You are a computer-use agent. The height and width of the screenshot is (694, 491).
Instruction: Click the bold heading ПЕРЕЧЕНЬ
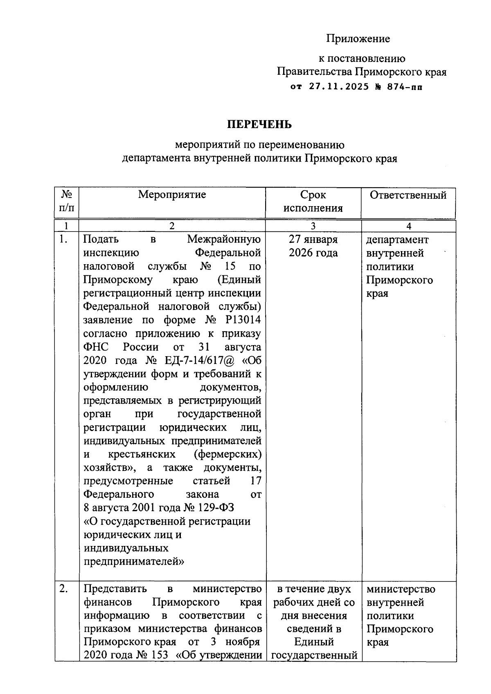(259, 124)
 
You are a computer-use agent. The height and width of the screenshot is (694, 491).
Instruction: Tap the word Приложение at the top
(358, 39)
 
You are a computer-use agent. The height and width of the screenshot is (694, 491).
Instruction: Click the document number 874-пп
(405, 87)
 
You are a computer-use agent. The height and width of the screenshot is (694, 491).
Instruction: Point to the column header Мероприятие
(172, 194)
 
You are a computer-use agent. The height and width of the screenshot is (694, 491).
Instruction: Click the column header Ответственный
(408, 195)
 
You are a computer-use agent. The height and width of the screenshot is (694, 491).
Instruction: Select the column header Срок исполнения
(313, 201)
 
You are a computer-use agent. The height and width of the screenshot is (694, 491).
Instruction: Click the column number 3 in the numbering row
(313, 226)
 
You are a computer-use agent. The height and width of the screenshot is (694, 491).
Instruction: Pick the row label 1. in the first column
(63, 240)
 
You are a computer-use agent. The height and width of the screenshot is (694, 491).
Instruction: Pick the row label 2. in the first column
(64, 589)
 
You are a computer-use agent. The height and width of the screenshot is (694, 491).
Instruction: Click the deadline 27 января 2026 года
(313, 246)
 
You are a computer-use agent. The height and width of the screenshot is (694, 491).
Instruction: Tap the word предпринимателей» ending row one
(134, 561)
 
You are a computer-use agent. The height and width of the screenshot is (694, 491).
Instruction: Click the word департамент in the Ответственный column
(397, 240)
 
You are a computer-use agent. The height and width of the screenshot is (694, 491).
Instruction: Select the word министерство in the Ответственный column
(401, 589)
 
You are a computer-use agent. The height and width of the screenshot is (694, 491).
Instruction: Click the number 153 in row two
(159, 655)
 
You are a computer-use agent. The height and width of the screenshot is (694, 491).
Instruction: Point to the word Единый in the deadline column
(314, 642)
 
